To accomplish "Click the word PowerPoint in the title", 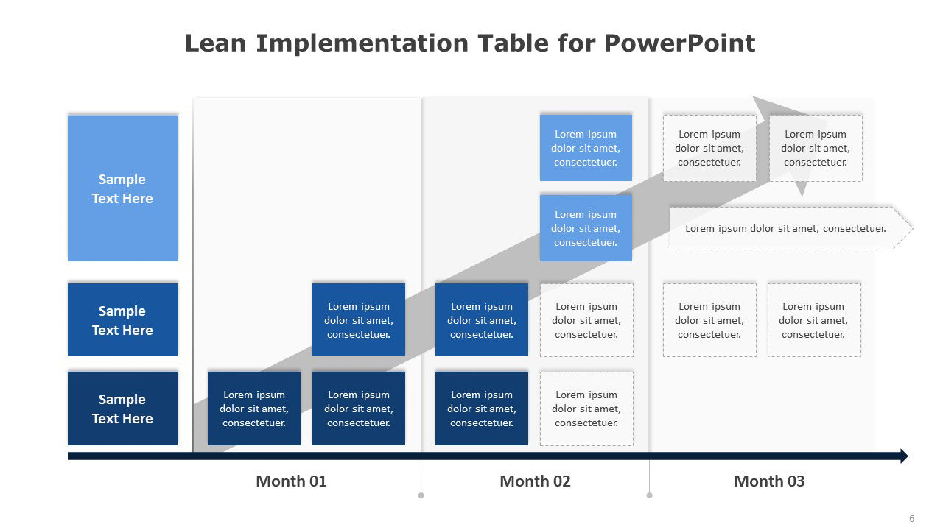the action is coord(679,43).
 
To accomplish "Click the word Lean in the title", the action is coord(215,43).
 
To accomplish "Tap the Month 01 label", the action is coord(291,481).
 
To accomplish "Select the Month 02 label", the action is coord(535,481).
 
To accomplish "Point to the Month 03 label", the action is coord(769,481).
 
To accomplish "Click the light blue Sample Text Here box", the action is coord(123,188).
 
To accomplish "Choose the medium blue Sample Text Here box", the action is coord(123,319).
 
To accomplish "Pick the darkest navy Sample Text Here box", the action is coord(123,408).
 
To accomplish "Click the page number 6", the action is coord(911,519).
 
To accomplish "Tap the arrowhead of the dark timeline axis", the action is coord(904,456).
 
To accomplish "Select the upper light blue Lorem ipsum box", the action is coord(586,148).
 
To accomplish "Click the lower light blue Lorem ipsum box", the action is coord(586,228).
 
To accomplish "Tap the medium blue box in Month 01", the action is coord(359,319).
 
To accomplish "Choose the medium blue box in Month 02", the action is coord(482,319).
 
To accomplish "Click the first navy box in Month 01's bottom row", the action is coord(254,408).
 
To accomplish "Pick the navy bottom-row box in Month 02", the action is coord(482,408).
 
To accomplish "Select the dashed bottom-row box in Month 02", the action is coord(586,409).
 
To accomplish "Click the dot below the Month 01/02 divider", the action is coord(421,495).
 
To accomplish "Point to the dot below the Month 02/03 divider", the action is coord(649,495).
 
